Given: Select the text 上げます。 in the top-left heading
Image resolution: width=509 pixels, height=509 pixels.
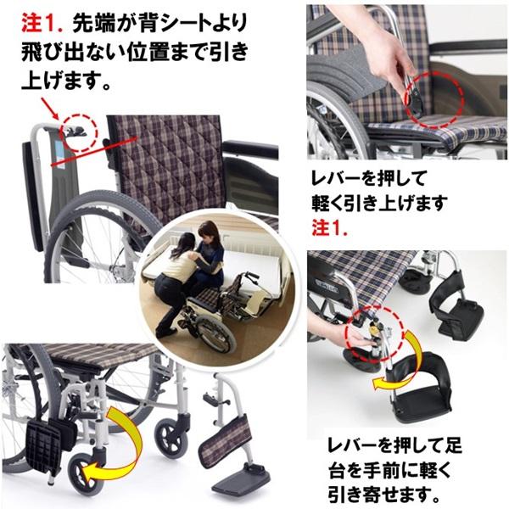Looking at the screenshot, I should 64,83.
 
